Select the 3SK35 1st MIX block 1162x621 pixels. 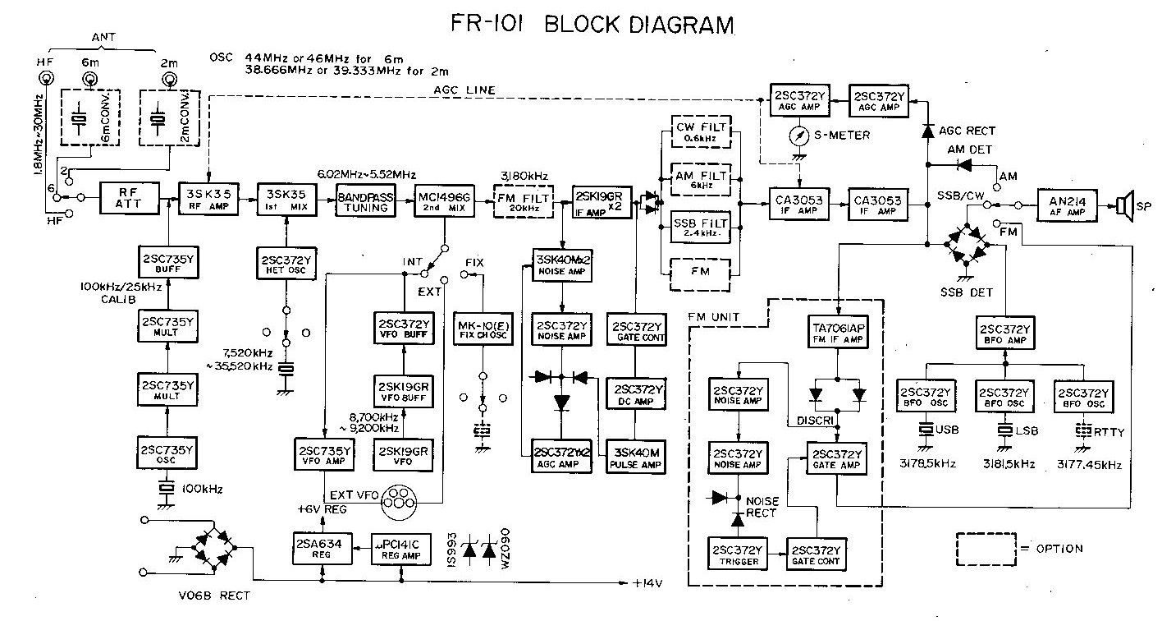[283, 198]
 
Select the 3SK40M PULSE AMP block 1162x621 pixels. [636, 458]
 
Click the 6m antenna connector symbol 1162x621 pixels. [89, 80]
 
